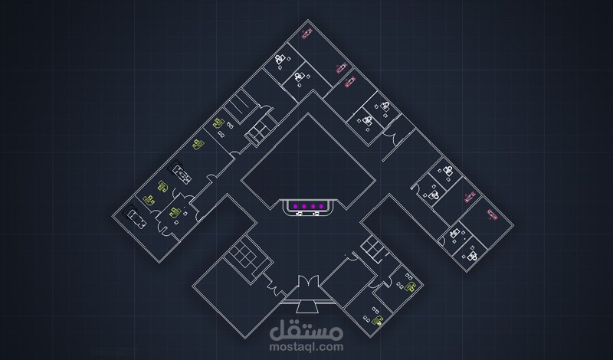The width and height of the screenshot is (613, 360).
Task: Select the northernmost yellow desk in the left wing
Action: coord(218,122)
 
